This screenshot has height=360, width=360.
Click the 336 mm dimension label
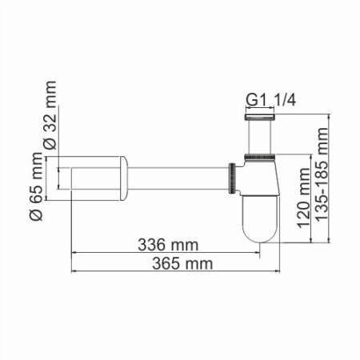pos(168,242)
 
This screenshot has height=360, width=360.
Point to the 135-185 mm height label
pos(322,178)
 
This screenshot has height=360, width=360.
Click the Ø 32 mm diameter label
pos(50,114)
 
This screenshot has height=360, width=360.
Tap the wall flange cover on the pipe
pos(123,178)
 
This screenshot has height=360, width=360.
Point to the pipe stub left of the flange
pos(92,178)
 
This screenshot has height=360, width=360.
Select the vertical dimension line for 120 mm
pos(305,200)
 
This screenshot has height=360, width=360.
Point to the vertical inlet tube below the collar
pos(259,140)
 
